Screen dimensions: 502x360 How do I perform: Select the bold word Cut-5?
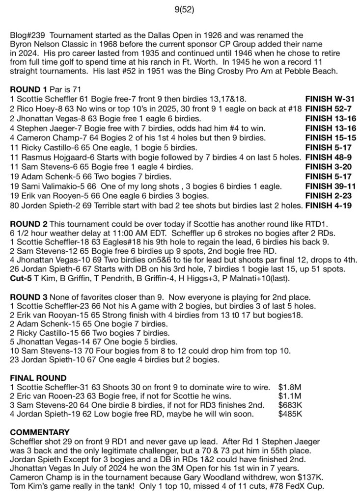point(21,277)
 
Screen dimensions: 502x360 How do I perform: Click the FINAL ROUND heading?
point(37,378)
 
